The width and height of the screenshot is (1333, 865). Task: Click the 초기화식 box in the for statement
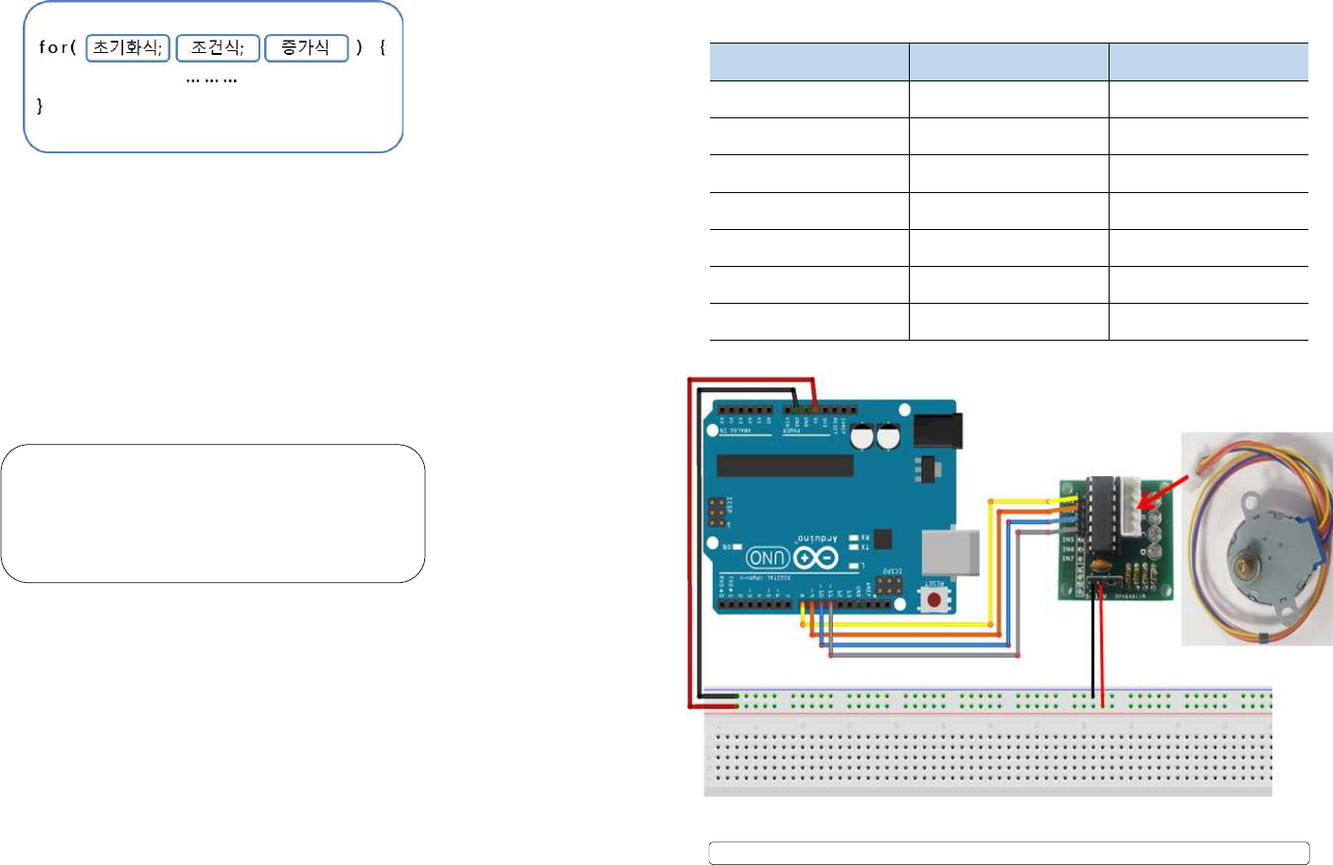point(128,47)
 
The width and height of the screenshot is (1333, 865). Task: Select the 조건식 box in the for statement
point(218,47)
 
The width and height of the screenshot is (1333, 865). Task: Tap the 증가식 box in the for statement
point(306,47)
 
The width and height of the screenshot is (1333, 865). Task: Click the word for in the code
point(53,47)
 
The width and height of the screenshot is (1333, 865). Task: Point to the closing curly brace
point(39,106)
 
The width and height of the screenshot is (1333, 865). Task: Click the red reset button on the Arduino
point(933,599)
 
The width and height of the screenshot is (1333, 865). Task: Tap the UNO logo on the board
point(768,557)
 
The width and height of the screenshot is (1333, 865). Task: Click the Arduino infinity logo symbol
point(815,558)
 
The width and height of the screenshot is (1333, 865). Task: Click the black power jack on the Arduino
point(937,431)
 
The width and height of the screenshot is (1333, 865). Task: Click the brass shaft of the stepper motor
point(1241,567)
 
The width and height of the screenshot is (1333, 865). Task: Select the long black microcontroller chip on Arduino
point(785,466)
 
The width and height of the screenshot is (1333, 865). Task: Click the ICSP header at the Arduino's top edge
point(717,512)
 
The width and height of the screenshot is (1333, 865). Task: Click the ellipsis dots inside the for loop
point(211,80)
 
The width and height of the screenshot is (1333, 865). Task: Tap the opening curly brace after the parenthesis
point(382,47)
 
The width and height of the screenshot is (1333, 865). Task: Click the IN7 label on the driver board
point(1068,558)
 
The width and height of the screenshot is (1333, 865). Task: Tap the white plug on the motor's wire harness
point(1203,462)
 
